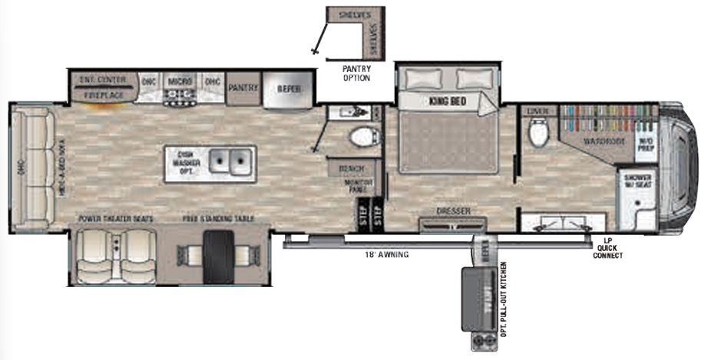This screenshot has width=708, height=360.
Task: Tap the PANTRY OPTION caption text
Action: click(x=356, y=74)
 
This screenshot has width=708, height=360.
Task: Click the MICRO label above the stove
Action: click(x=180, y=81)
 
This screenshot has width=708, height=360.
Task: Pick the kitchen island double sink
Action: click(x=230, y=162)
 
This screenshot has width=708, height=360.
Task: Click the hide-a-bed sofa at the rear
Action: click(x=31, y=167)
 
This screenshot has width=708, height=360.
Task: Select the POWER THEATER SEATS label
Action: click(x=115, y=219)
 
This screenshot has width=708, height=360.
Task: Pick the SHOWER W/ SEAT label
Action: click(x=637, y=181)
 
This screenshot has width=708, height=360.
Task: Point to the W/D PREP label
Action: click(x=647, y=144)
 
